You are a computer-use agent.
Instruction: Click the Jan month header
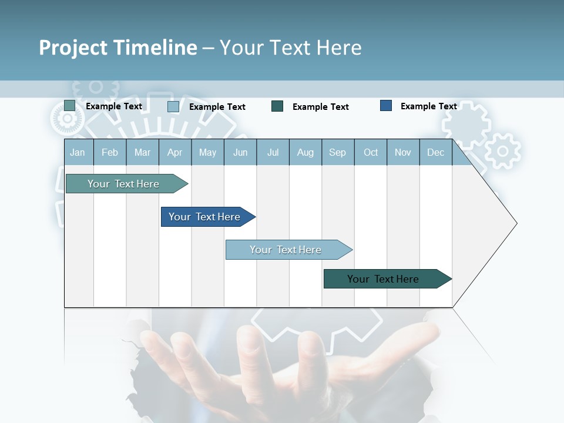78,152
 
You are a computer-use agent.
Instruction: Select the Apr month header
174,152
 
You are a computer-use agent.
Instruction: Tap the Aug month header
305,152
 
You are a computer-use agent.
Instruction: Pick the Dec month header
435,152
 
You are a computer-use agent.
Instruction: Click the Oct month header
371,152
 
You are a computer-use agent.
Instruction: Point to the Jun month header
240,152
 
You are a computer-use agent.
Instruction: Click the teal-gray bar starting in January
123,184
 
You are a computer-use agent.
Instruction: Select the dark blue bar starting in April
204,217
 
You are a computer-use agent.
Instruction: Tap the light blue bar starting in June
286,250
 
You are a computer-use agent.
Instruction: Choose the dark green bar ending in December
383,279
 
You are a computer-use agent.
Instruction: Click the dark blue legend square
386,106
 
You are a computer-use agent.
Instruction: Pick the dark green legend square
277,106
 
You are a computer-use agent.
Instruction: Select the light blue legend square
173,106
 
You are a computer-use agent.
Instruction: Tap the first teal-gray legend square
70,106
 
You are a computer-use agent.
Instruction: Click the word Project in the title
73,48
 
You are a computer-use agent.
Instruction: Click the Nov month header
403,152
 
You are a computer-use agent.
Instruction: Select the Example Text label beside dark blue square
428,106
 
